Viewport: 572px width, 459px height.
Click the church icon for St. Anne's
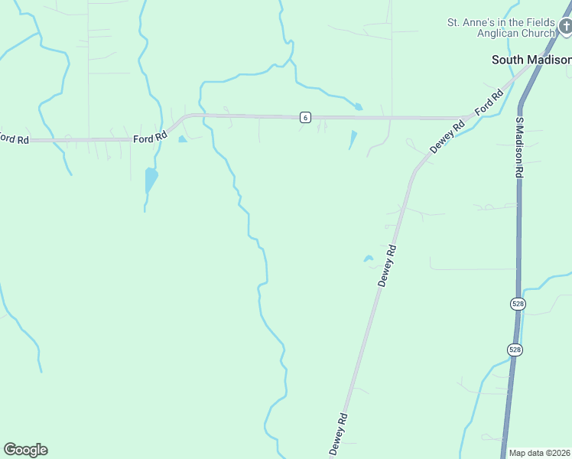click(564, 27)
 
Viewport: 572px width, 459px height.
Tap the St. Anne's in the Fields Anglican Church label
click(501, 28)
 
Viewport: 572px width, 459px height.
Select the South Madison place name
click(531, 60)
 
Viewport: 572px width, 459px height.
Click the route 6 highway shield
click(305, 117)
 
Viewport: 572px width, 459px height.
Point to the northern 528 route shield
click(518, 304)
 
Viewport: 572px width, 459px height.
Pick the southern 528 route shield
click(515, 349)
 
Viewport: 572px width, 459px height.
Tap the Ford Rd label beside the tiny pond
click(150, 138)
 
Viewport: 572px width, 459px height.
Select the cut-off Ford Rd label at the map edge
click(13, 138)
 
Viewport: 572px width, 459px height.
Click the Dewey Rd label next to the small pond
click(388, 265)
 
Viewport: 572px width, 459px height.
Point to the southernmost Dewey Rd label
click(339, 435)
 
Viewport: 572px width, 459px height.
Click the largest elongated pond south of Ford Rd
click(151, 181)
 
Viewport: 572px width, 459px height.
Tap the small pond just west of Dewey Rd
click(368, 259)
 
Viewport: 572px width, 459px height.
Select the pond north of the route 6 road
click(358, 107)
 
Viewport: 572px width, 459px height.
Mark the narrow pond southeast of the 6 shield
click(353, 139)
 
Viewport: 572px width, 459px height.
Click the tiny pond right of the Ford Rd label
click(182, 139)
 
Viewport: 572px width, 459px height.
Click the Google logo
click(25, 450)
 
